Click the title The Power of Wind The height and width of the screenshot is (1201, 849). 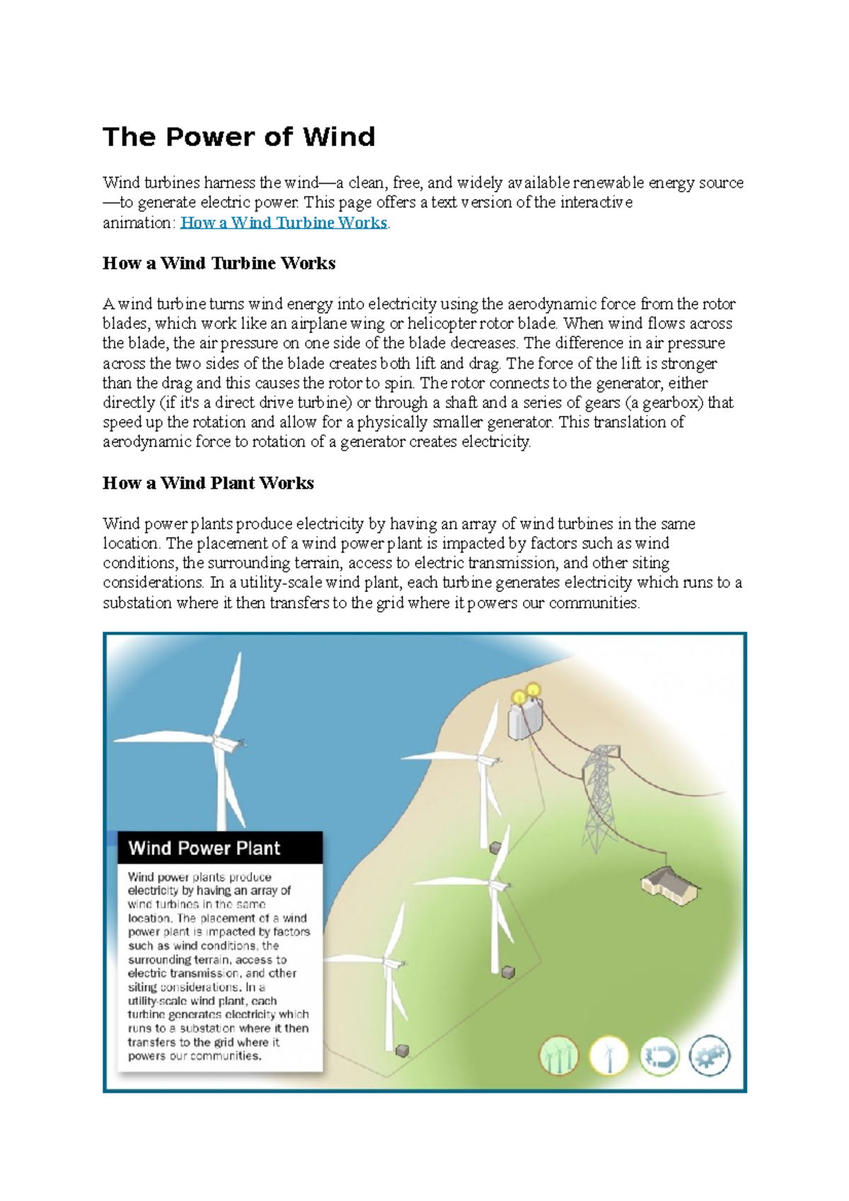(x=238, y=137)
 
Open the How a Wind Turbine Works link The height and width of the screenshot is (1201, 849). (x=284, y=223)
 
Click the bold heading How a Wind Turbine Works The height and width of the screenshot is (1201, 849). (x=219, y=263)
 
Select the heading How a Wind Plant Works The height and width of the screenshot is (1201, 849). (x=208, y=483)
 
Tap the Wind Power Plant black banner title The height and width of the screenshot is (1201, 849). (x=204, y=848)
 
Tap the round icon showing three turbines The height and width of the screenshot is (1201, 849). (x=559, y=1056)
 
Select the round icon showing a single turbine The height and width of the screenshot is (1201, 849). (x=609, y=1056)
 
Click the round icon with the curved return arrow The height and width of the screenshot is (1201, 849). (x=659, y=1056)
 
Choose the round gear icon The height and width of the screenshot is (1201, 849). (x=709, y=1056)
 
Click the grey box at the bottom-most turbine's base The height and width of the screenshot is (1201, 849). (x=402, y=1051)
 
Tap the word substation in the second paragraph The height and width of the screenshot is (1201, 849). (x=137, y=603)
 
